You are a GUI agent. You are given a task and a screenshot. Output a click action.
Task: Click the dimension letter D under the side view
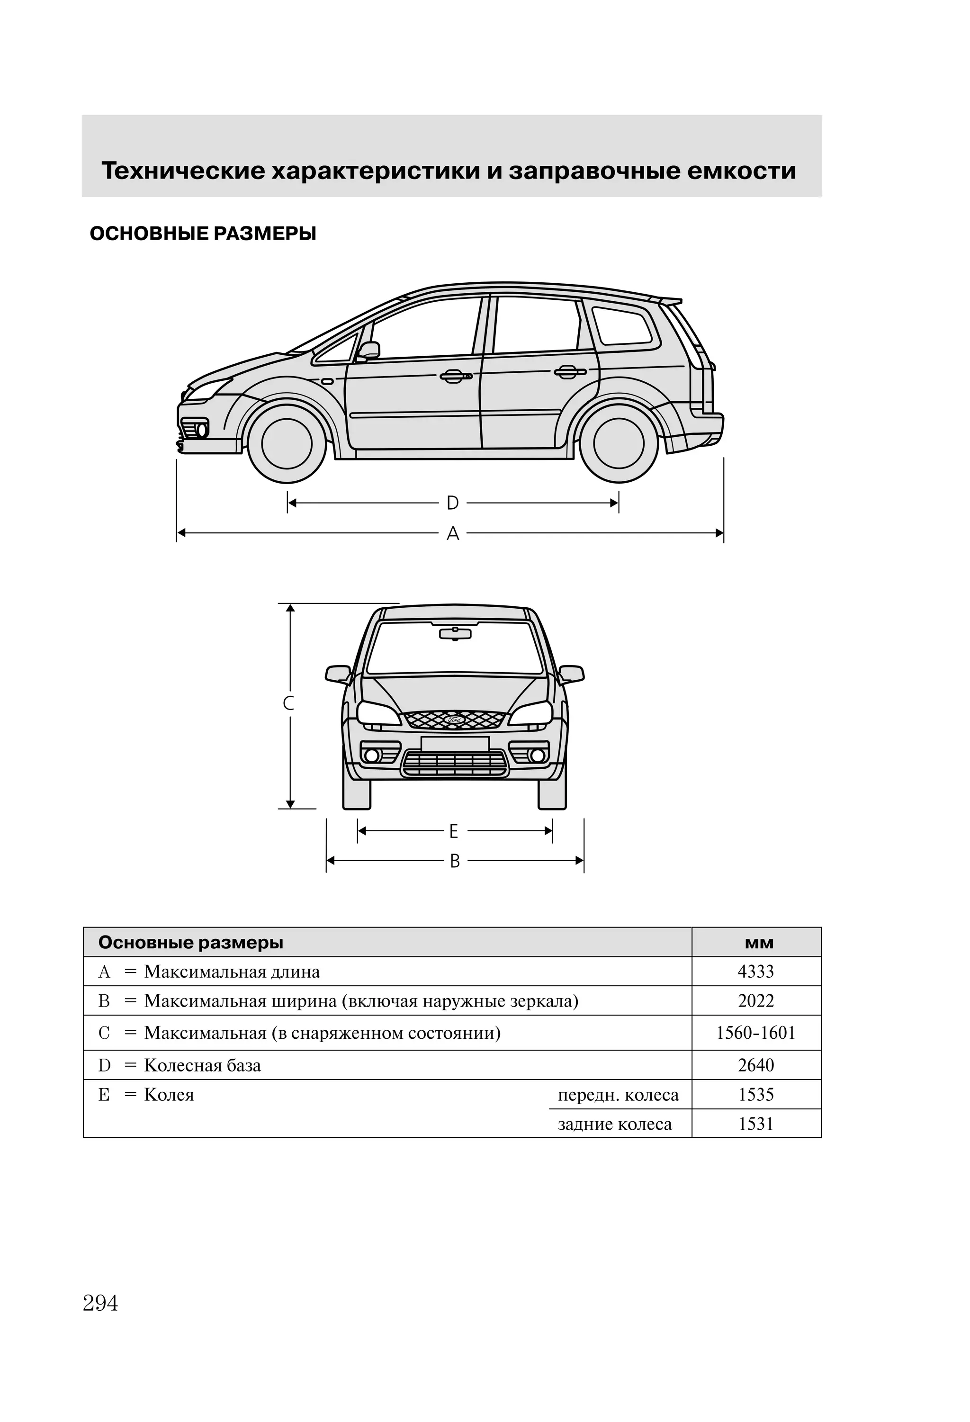pyautogui.click(x=452, y=503)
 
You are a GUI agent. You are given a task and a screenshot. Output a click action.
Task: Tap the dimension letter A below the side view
pyautogui.click(x=452, y=534)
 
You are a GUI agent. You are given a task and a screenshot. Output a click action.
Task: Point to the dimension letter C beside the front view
pyautogui.click(x=289, y=703)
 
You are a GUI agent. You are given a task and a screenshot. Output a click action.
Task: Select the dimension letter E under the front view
pyautogui.click(x=453, y=831)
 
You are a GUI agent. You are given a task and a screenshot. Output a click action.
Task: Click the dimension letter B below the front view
pyautogui.click(x=455, y=862)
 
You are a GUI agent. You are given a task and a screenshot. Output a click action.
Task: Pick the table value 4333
pyautogui.click(x=756, y=972)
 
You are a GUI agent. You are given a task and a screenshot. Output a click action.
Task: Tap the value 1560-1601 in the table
pyautogui.click(x=756, y=1034)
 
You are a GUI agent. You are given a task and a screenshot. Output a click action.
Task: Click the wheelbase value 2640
pyautogui.click(x=756, y=1065)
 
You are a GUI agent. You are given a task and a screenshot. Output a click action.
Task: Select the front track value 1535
pyautogui.click(x=756, y=1095)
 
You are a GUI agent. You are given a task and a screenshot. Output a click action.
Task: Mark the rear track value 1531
pyautogui.click(x=756, y=1124)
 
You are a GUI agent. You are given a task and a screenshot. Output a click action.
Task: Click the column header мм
pyautogui.click(x=759, y=943)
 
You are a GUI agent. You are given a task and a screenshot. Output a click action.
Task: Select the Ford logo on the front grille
pyautogui.click(x=455, y=720)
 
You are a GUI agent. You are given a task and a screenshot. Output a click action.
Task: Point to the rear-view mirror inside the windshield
pyautogui.click(x=455, y=633)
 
